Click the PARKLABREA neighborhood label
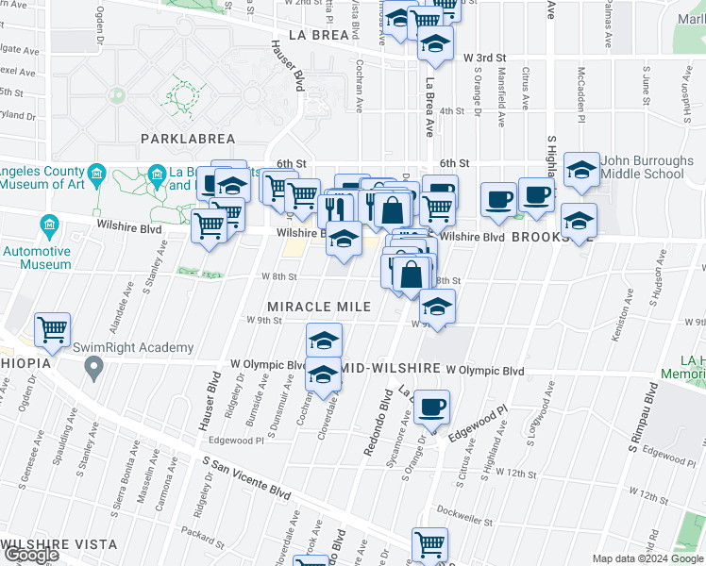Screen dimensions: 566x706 point(187,139)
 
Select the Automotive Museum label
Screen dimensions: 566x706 point(37,258)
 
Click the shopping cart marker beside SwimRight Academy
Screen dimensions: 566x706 point(52,329)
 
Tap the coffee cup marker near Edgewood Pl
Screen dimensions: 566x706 point(431,407)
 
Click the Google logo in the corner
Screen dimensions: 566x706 point(31,556)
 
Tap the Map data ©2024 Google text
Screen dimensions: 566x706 point(647,558)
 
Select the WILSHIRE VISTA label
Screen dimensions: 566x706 point(59,544)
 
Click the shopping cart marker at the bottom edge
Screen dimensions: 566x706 point(429,544)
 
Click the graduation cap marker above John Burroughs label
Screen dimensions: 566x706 point(581,170)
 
